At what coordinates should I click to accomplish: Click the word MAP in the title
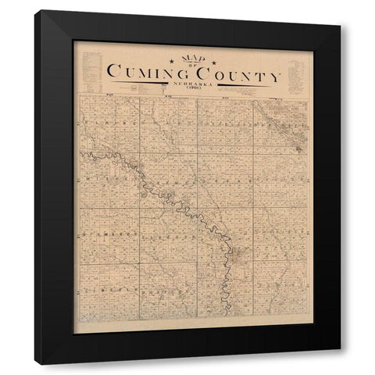pos(187,58)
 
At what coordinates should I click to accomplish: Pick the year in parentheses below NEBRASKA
pos(188,90)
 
